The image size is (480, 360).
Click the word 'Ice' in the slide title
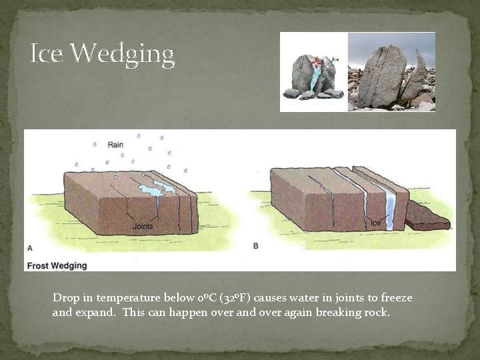[47, 53]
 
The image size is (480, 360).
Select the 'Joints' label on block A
[143, 226]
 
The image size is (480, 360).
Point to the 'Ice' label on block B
[376, 223]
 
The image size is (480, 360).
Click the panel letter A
[29, 248]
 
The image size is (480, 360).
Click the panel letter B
[257, 246]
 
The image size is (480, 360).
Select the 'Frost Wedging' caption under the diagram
[57, 265]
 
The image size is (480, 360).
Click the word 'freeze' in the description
[396, 297]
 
